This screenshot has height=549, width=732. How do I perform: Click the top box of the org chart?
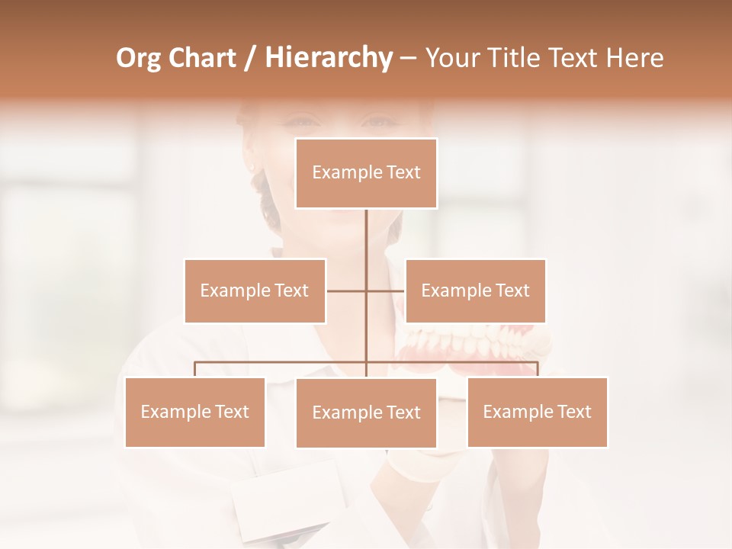pos(366,173)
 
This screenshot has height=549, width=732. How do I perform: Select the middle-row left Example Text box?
pos(255,291)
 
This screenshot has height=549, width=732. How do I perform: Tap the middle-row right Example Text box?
pos(475,291)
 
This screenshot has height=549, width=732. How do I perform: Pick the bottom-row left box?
pos(194,412)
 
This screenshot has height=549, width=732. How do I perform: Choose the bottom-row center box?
pos(366,413)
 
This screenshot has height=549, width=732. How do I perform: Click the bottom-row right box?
pos(537,412)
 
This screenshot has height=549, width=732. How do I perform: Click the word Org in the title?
pos(138,58)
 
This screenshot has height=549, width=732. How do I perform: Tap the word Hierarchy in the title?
pos(329,58)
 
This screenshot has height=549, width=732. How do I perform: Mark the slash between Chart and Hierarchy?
pos(250,58)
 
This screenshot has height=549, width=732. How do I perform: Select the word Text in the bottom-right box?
pos(573,412)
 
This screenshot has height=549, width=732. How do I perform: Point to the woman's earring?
pos(251,165)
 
